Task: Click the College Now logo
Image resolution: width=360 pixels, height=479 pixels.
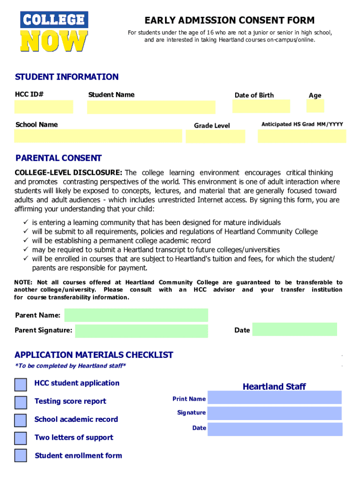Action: tap(54, 32)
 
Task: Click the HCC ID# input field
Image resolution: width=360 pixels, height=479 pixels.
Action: tap(43, 107)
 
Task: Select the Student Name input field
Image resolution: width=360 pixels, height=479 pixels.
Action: tap(151, 107)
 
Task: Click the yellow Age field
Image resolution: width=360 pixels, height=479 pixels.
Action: tap(315, 106)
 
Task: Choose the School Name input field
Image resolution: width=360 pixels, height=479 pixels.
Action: tap(98, 136)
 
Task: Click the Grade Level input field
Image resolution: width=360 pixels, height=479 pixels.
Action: tap(215, 136)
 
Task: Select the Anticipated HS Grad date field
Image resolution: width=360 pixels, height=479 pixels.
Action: tap(302, 136)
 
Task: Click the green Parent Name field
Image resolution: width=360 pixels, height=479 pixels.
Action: tap(136, 315)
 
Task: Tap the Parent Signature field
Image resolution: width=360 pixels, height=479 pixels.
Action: tap(141, 331)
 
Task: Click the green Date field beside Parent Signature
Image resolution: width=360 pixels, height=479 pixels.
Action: tap(295, 329)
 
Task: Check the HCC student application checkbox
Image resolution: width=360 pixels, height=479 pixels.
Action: tap(21, 385)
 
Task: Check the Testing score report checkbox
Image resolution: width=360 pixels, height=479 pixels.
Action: tap(21, 402)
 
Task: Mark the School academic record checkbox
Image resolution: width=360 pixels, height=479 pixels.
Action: tap(21, 420)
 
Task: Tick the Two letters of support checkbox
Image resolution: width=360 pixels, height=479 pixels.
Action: tap(21, 438)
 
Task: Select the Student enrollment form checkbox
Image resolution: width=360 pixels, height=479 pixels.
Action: tap(21, 456)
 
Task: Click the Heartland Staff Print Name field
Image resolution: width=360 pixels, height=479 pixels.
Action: tap(274, 398)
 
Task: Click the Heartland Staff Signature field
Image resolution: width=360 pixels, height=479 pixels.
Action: tap(274, 413)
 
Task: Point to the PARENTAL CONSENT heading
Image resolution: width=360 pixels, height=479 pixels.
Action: tap(58, 158)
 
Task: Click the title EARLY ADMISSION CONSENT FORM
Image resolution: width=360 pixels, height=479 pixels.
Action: tap(230, 20)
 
